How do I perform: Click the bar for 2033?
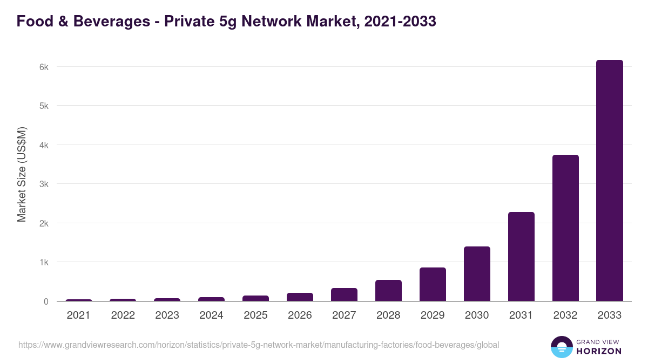[x=609, y=181]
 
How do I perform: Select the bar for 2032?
[x=565, y=228]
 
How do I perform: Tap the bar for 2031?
[x=521, y=257]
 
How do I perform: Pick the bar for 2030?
[x=476, y=274]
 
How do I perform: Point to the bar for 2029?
[x=432, y=284]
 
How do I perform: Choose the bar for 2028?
[x=388, y=291]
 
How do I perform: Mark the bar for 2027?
[x=343, y=294]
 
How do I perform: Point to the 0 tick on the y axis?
[x=46, y=301]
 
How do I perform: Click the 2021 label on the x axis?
[x=78, y=315]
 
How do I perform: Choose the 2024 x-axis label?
[x=211, y=315]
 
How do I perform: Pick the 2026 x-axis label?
[x=300, y=315]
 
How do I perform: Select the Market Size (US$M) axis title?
[x=22, y=175]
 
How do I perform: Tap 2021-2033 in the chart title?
[x=400, y=22]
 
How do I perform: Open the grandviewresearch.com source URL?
[x=259, y=345]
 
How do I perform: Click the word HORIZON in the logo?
[x=598, y=351]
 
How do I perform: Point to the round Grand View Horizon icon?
[x=562, y=347]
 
